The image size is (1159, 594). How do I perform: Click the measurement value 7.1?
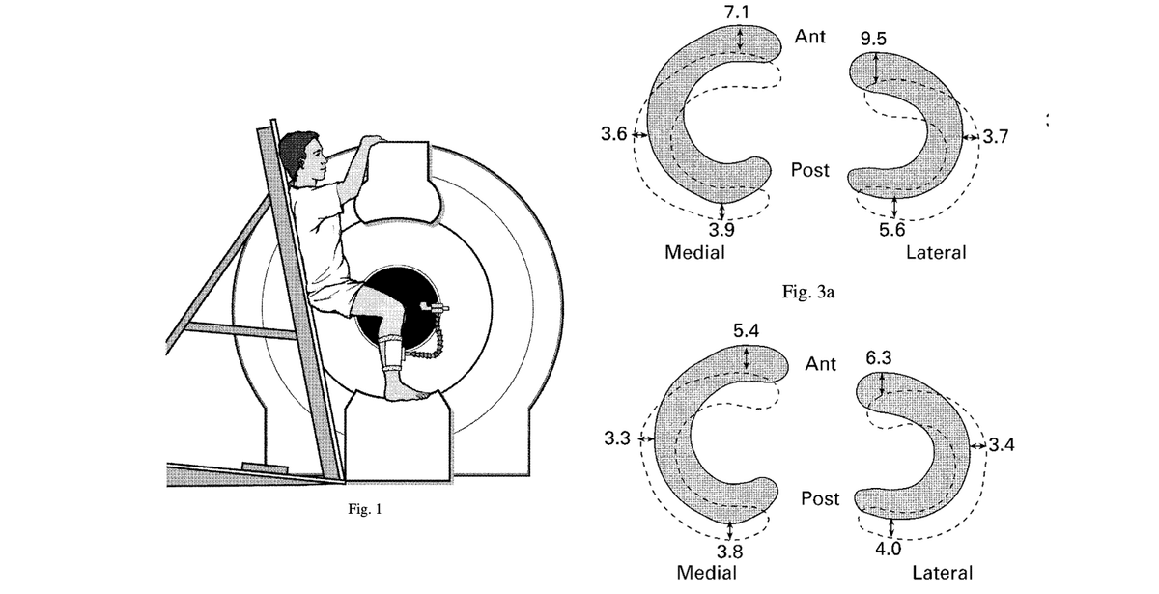click(x=736, y=12)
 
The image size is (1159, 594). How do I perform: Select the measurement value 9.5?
click(x=873, y=39)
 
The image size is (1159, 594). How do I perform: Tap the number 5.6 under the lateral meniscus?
click(x=892, y=229)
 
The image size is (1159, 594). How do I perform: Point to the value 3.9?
click(x=721, y=229)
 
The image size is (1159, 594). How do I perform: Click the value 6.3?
click(x=879, y=357)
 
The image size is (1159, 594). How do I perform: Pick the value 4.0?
click(x=889, y=549)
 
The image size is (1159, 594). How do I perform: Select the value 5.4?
click(x=746, y=330)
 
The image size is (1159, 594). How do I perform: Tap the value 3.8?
click(x=729, y=552)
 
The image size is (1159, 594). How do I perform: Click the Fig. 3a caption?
click(x=807, y=293)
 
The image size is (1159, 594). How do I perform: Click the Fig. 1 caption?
click(x=365, y=509)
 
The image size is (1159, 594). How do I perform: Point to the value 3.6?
click(x=613, y=134)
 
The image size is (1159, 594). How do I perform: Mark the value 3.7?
click(x=996, y=137)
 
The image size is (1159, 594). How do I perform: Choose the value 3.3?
click(x=617, y=438)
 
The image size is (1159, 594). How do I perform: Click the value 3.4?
click(x=1002, y=444)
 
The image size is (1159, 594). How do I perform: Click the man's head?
click(x=302, y=156)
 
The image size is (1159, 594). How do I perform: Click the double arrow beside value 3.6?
click(x=640, y=135)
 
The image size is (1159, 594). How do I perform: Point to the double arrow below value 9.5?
click(x=875, y=69)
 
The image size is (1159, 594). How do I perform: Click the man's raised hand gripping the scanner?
click(x=372, y=140)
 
